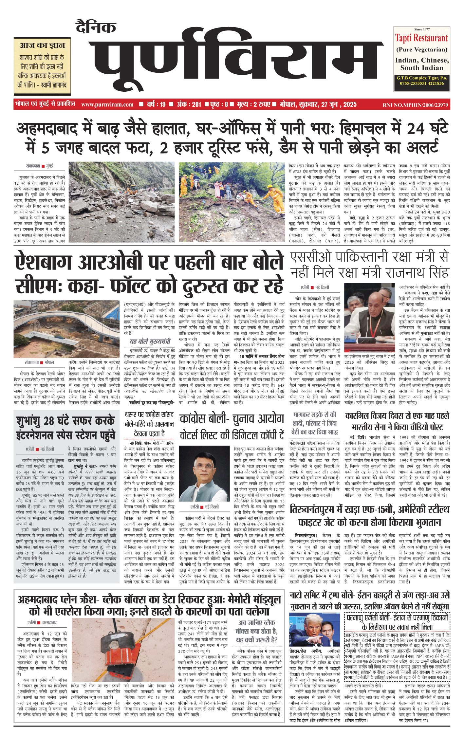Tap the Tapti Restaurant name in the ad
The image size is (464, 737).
421,38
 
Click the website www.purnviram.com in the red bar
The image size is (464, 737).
107,104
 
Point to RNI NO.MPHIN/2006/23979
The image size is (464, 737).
415,105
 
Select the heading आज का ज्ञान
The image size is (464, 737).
42,45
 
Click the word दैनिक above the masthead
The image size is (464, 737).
96,27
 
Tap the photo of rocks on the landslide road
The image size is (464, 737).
121,202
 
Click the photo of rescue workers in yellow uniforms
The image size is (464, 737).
232,202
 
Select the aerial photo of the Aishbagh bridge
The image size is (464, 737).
67,329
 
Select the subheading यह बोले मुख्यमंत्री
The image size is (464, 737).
150,341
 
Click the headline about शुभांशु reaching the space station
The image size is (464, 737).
66,428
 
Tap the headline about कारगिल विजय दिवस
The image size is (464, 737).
397,421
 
